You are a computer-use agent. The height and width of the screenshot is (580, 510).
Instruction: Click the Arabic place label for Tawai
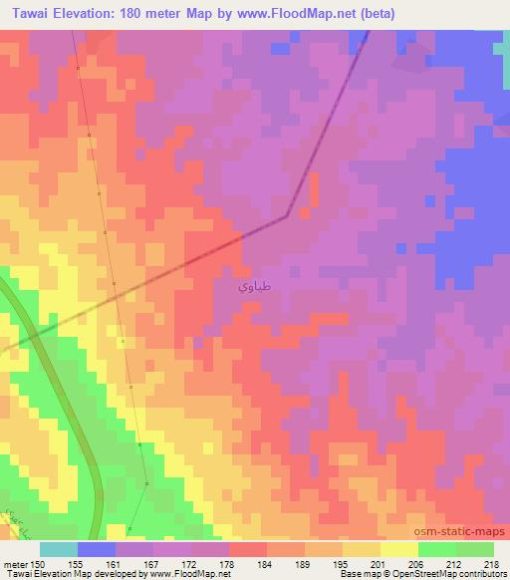(252, 286)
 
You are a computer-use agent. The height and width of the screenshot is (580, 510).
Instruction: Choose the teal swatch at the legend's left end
(59, 549)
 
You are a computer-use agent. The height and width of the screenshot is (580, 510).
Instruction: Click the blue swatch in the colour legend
(97, 549)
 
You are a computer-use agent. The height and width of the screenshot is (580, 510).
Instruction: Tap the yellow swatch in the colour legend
(399, 549)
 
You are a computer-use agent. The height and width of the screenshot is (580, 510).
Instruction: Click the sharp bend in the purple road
(288, 214)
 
